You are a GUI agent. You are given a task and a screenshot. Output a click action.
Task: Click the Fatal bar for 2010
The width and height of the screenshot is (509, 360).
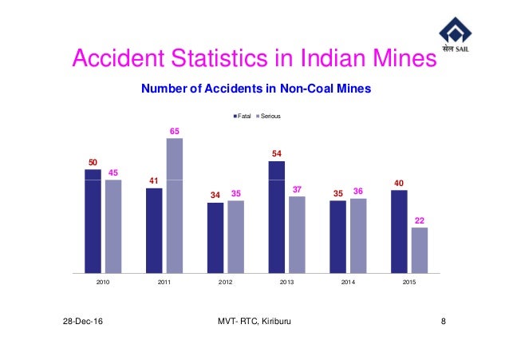coord(93,220)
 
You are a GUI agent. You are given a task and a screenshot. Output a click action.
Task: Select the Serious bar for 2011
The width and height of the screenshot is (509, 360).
coord(175,205)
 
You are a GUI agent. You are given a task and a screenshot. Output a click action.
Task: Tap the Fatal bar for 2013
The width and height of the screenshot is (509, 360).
coord(277,216)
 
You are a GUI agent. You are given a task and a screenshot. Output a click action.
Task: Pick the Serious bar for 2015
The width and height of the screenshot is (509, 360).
coord(420,250)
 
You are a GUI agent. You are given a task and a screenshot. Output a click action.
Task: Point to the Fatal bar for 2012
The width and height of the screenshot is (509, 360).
coord(215,237)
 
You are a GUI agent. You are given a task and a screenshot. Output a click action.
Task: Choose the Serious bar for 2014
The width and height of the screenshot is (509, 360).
coord(358,235)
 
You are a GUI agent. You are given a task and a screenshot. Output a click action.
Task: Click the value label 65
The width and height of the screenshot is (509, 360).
coord(175,129)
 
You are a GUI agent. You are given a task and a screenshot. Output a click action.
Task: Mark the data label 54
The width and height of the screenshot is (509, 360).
coord(277,152)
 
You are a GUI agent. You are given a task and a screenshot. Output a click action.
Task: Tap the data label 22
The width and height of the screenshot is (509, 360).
coord(420,219)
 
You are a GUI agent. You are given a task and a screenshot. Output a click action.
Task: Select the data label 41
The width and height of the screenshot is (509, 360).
coord(154,180)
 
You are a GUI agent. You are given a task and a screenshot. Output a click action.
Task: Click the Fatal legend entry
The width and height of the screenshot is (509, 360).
coord(240,117)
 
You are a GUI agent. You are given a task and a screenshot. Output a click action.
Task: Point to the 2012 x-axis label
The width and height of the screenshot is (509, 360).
coord(226,282)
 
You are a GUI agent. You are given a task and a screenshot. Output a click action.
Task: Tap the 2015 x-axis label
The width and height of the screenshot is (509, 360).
coord(409,282)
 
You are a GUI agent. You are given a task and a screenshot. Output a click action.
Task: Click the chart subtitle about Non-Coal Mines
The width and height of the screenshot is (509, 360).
coord(255,89)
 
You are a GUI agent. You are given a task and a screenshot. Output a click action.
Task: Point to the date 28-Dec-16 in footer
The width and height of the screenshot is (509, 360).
coord(89,320)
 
